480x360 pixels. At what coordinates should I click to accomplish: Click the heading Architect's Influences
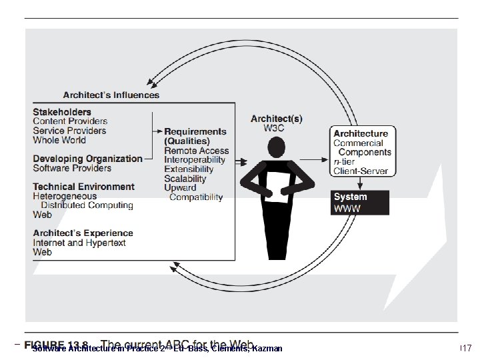(111, 95)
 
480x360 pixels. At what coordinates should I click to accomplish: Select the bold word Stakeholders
(62, 112)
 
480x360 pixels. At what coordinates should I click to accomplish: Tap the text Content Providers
(70, 121)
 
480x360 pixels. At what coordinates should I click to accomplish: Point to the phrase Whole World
(59, 140)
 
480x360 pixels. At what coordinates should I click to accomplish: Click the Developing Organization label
(87, 159)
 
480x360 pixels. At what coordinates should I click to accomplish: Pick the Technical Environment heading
(83, 187)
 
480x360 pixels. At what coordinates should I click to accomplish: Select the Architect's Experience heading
(83, 233)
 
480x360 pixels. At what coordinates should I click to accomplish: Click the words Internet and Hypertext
(79, 243)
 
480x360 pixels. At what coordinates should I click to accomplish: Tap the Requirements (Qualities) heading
(195, 136)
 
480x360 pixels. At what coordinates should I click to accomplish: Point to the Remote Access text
(196, 151)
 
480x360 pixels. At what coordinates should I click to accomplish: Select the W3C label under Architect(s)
(276, 129)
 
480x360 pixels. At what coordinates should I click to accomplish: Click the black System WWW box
(360, 203)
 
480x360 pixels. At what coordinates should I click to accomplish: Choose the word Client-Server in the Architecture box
(360, 171)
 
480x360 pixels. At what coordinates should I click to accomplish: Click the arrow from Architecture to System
(360, 183)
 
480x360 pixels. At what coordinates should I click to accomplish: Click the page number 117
(465, 348)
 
